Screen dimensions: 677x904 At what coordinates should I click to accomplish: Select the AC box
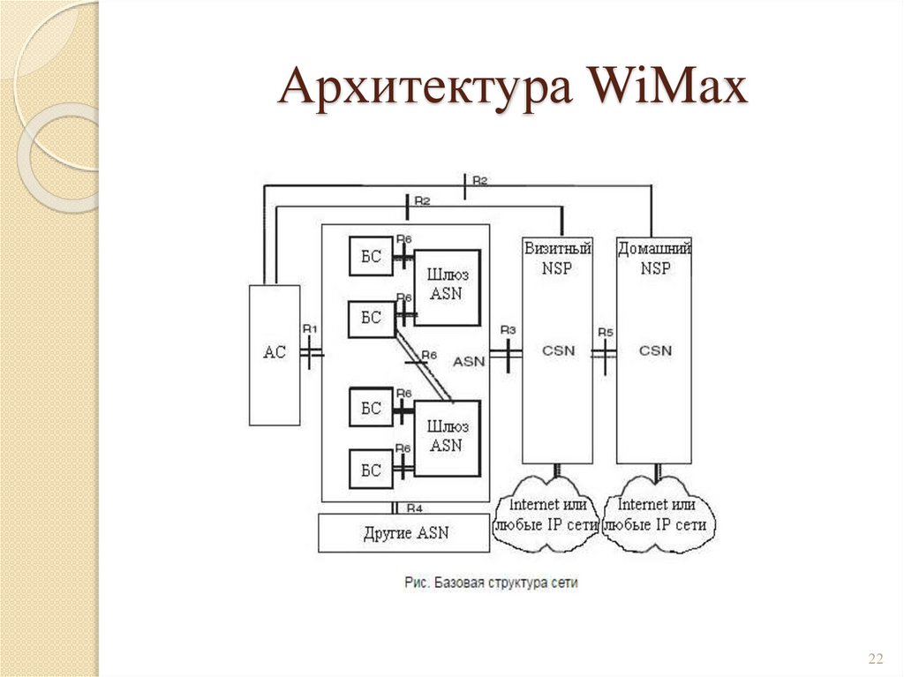click(x=275, y=353)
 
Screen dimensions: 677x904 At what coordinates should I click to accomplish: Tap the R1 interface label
click(x=310, y=328)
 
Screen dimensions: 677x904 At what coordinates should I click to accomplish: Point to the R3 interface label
click(x=508, y=329)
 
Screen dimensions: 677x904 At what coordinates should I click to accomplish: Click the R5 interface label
click(x=605, y=332)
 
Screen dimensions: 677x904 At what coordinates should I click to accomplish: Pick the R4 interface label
click(x=415, y=508)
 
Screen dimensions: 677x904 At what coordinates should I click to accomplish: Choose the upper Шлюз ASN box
click(x=447, y=284)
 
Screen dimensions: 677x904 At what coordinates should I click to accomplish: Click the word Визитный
click(x=557, y=249)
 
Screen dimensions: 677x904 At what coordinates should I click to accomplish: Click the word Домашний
click(x=654, y=249)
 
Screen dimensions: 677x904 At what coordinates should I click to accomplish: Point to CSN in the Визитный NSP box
click(x=557, y=350)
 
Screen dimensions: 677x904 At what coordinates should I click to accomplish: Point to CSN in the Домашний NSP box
click(x=655, y=350)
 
